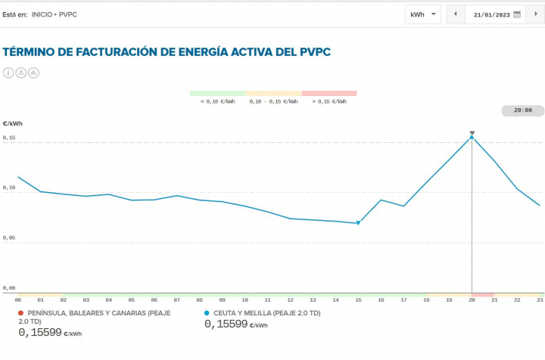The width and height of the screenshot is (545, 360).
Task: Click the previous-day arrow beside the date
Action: (455, 14)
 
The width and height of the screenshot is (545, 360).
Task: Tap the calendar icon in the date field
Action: (517, 14)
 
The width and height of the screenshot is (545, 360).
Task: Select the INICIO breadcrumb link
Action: (42, 14)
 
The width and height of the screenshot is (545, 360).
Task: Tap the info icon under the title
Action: (9, 73)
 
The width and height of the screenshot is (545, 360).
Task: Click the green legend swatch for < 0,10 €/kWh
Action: (217, 93)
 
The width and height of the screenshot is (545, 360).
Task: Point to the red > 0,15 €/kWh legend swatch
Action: (329, 93)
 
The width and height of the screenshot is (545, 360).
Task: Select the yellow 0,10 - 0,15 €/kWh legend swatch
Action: (273, 93)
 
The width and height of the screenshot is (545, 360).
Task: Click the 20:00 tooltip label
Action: (522, 110)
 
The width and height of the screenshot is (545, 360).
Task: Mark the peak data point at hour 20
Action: (472, 137)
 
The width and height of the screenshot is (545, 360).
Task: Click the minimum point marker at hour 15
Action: (358, 223)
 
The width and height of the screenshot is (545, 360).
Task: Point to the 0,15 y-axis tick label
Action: (9, 138)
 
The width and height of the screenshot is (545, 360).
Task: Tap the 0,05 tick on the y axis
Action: (9, 237)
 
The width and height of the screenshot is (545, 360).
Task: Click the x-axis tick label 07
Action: (176, 300)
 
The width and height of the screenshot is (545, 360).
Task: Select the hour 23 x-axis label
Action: (539, 300)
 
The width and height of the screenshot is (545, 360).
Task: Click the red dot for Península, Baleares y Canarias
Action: (20, 312)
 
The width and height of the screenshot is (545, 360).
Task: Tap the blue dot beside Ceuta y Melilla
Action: (207, 312)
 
